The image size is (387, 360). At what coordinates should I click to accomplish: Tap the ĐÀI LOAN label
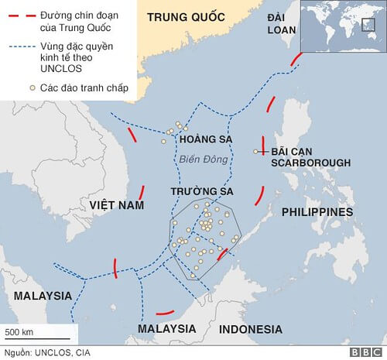click(x=276, y=24)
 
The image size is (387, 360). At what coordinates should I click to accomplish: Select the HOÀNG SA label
click(x=205, y=139)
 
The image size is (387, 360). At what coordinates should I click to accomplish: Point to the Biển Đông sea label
click(x=200, y=159)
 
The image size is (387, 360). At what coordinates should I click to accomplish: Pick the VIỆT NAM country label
click(x=117, y=204)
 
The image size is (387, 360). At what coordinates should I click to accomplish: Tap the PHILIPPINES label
click(x=317, y=211)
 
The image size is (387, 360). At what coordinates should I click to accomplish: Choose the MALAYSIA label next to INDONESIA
click(x=167, y=329)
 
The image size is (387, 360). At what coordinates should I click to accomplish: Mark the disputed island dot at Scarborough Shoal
click(x=255, y=152)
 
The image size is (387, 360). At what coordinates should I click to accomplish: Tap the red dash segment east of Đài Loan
click(x=295, y=60)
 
